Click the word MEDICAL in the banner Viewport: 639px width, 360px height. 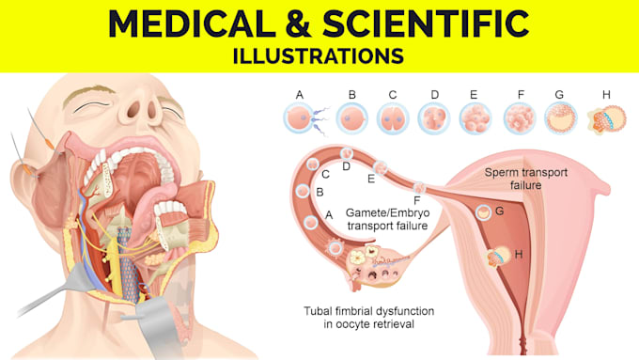click(x=192, y=23)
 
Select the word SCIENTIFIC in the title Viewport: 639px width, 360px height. click(x=426, y=23)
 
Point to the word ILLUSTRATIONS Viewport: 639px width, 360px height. click(x=319, y=56)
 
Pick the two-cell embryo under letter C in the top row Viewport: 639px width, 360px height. click(x=393, y=118)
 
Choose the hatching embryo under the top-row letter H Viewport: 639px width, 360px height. click(x=606, y=119)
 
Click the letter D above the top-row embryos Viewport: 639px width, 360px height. click(x=435, y=95)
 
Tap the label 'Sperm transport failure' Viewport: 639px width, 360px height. click(x=525, y=179)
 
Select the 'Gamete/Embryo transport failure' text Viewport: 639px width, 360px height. click(x=387, y=219)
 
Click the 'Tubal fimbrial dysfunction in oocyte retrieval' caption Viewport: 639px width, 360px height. click(x=368, y=317)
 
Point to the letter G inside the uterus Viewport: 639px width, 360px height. click(x=500, y=211)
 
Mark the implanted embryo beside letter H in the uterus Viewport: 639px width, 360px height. click(x=498, y=257)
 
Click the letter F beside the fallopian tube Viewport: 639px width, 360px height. click(x=416, y=200)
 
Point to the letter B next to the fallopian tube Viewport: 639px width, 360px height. click(x=319, y=192)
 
